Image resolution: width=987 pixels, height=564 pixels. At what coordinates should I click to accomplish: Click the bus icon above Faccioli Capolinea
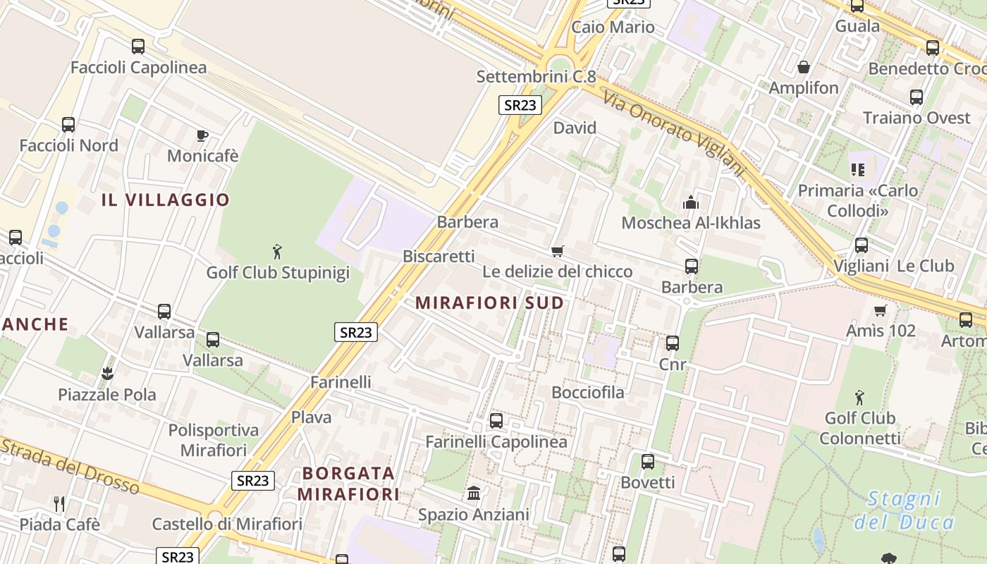[x=138, y=47]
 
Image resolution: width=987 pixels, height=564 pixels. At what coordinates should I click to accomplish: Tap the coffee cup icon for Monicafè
[x=202, y=135]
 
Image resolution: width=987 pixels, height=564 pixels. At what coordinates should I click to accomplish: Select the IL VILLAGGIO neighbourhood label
[x=166, y=200]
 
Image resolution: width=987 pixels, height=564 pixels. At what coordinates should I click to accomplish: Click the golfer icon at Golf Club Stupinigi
[x=277, y=252]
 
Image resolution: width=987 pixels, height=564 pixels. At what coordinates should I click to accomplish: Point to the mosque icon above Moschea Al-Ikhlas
[x=691, y=203]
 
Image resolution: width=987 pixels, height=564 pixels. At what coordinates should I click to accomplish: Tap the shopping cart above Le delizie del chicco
[x=558, y=251]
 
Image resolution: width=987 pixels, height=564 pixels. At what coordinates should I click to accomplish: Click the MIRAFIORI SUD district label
[x=490, y=303]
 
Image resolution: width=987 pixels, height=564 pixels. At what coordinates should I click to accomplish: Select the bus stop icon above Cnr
[x=673, y=343]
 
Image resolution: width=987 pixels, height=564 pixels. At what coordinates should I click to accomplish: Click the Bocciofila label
[x=588, y=392]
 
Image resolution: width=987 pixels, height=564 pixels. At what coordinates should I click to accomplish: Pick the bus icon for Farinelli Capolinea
[x=496, y=421]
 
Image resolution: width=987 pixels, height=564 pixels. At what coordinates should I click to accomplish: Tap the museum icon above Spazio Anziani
[x=474, y=493]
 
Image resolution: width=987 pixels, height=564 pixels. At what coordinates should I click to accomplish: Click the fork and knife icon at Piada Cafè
[x=59, y=503]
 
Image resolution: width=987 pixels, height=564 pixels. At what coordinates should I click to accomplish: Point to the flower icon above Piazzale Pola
[x=107, y=373]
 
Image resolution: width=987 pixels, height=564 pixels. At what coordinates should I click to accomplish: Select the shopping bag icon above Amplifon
[x=803, y=67]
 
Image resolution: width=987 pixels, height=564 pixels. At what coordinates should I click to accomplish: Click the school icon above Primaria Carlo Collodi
[x=858, y=169]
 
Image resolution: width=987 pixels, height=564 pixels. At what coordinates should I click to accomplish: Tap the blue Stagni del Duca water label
[x=904, y=510]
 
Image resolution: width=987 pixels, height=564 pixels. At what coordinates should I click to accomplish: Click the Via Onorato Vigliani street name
[x=675, y=134]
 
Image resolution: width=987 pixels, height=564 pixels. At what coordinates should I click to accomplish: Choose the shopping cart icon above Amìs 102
[x=880, y=310]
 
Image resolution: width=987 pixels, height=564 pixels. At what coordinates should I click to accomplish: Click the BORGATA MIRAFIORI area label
[x=348, y=483]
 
